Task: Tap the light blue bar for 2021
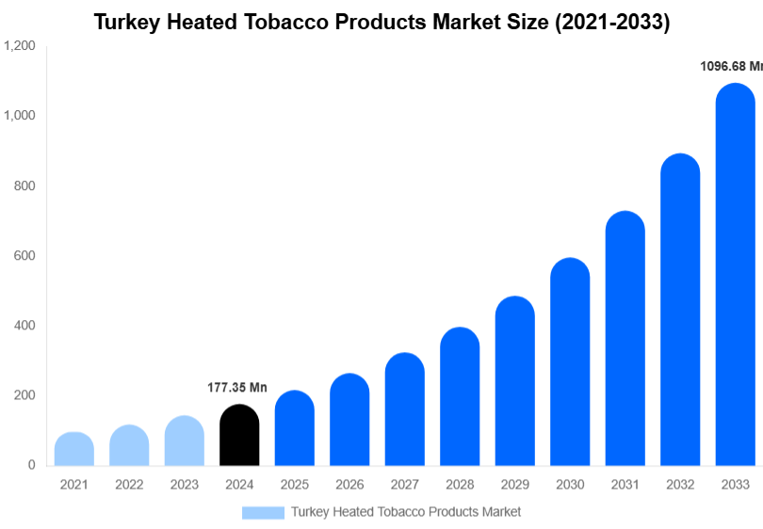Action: point(74,449)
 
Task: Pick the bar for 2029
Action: point(514,381)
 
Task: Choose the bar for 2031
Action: point(625,339)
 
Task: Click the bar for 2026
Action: point(349,420)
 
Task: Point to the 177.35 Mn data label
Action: point(237,388)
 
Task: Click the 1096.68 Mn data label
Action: point(731,66)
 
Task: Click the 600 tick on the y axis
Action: point(24,256)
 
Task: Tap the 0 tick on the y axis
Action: point(31,465)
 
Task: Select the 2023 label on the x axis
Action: point(184,485)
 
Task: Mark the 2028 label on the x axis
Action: point(460,485)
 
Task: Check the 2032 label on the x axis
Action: point(679,485)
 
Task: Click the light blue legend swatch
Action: point(263,512)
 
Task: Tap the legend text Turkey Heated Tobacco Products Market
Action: point(405,512)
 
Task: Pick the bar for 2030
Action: point(570,361)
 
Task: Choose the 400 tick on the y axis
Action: point(24,326)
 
